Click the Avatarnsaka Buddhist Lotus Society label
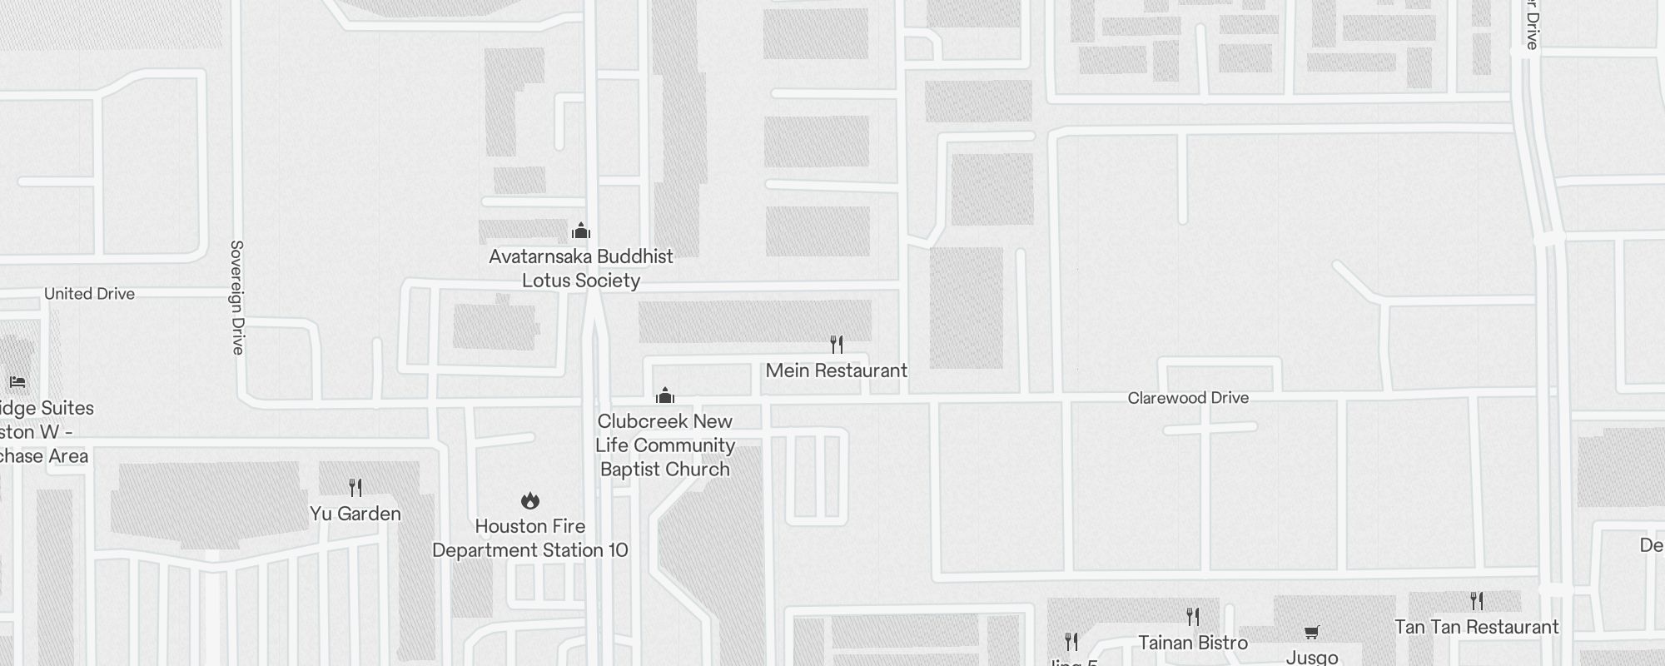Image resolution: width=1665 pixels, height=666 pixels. pos(581,268)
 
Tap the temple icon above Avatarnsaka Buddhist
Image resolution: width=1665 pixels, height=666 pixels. pos(581,231)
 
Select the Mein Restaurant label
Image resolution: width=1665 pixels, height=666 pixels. pos(836,370)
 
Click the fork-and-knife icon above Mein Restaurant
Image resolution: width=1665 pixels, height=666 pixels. pos(837,344)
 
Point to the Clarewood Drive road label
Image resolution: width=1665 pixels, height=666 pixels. pos(1188,398)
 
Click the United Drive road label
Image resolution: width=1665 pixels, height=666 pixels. pos(89,294)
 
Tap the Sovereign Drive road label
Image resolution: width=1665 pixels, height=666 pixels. pos(237,297)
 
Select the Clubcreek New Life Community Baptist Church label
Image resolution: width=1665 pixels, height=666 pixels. pos(665,445)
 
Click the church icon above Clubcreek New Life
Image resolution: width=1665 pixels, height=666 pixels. pos(665,395)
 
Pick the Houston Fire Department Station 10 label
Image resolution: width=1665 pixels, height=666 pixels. pos(530,538)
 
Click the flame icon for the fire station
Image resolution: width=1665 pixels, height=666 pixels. pos(530,500)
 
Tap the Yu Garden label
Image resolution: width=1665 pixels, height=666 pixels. pos(355,514)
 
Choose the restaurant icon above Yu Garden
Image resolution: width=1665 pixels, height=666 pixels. pos(355,487)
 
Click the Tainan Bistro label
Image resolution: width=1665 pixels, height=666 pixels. pos(1193,643)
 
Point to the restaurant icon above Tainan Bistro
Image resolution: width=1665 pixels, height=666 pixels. pos(1193,617)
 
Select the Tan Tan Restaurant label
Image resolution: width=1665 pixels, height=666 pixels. pos(1476,627)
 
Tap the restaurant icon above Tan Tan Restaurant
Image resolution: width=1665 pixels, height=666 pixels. pos(1476,600)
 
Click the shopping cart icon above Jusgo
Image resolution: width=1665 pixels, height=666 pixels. pos(1312,633)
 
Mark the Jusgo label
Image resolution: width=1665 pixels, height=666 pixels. pos(1312,657)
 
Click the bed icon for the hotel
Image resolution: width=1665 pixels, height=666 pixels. pos(17,382)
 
